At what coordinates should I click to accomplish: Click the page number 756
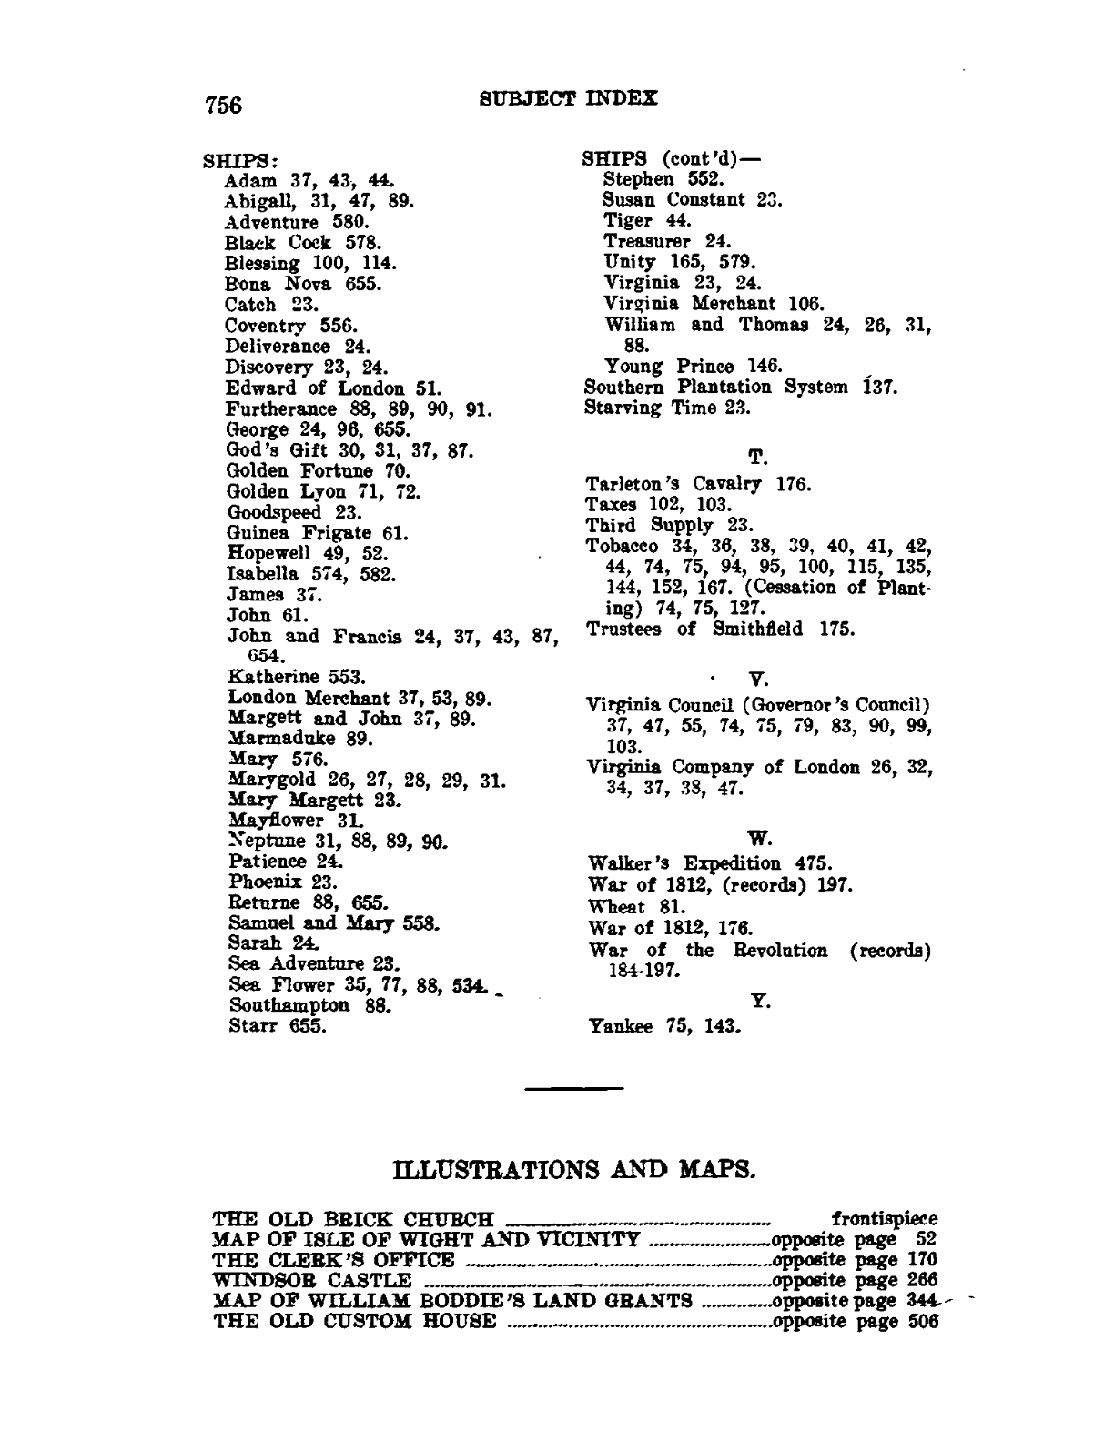point(223,105)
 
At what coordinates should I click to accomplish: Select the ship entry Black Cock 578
point(302,243)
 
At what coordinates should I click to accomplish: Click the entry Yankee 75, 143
point(665,1027)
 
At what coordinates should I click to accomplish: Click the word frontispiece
point(885,1218)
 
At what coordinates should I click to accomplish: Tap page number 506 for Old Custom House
point(921,1321)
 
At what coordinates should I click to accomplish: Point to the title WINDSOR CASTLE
point(311,1280)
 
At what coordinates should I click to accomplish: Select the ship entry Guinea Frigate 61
point(318,533)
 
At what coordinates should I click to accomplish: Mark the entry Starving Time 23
point(667,408)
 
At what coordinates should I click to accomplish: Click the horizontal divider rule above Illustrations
point(574,1087)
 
